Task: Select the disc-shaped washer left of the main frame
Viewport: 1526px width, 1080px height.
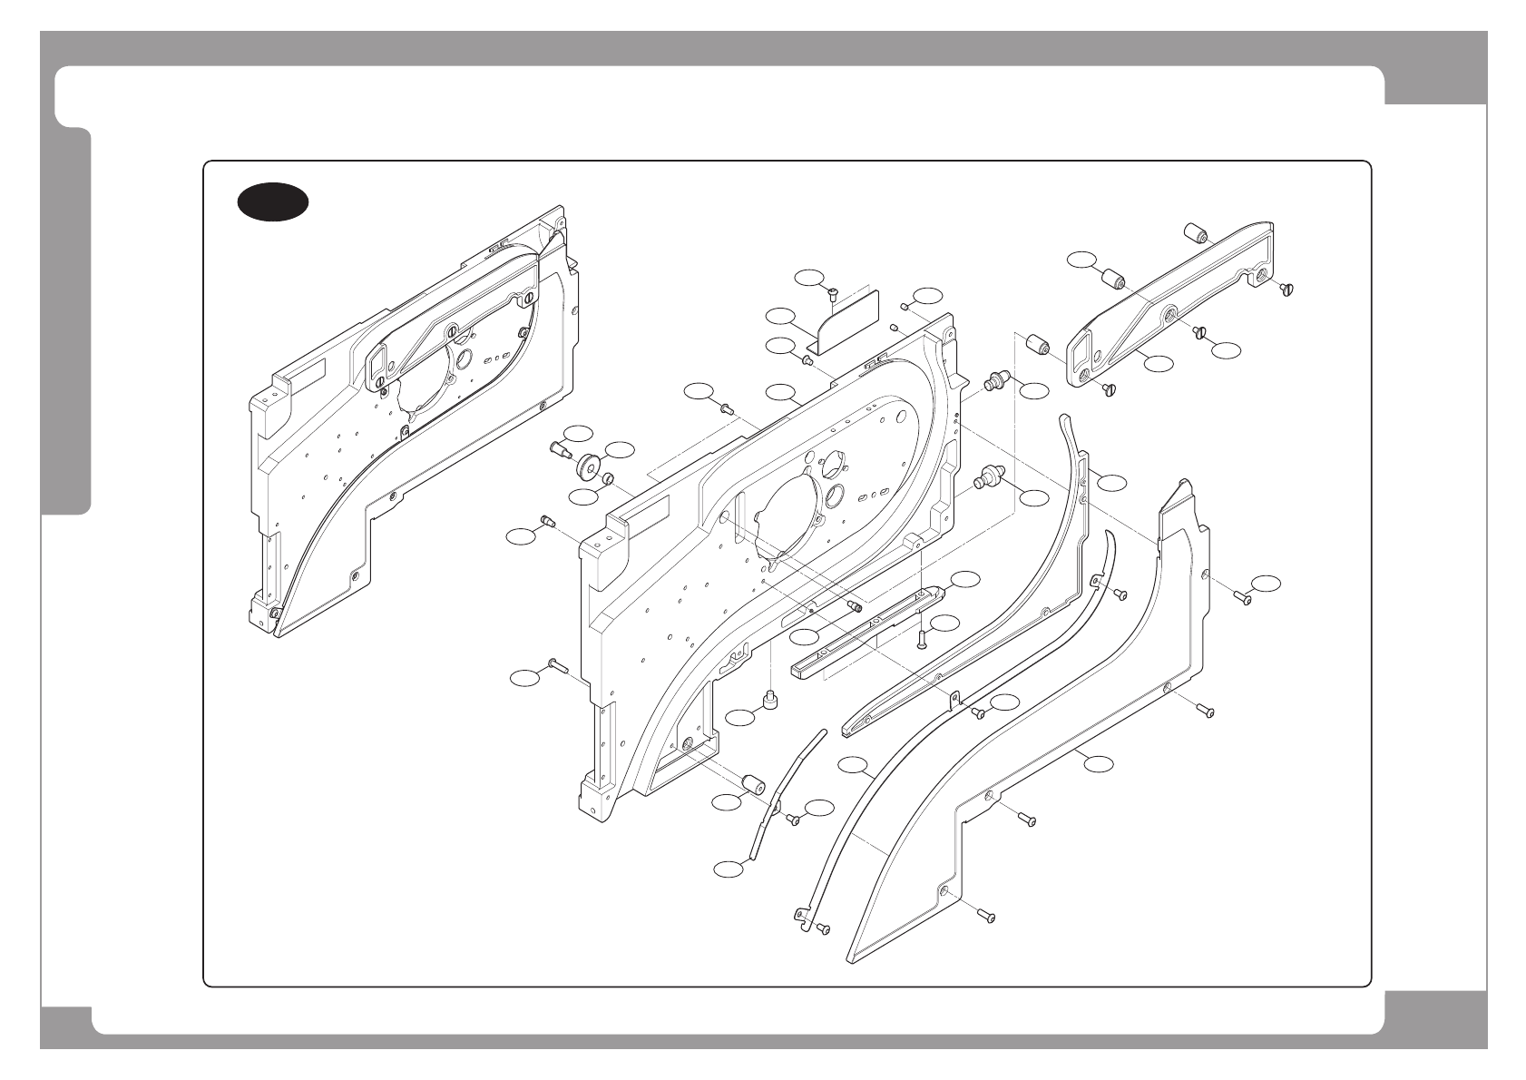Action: (590, 466)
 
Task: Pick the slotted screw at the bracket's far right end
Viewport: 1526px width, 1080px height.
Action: (1286, 288)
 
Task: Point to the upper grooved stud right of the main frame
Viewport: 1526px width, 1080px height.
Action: (997, 378)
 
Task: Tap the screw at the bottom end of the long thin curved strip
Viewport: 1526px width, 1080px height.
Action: (822, 929)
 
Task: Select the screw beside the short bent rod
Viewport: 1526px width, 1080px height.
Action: (793, 820)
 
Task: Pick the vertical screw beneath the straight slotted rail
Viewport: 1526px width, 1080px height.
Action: (922, 638)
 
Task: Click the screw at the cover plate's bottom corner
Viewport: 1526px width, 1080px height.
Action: (986, 917)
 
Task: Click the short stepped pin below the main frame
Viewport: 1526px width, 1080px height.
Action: (771, 701)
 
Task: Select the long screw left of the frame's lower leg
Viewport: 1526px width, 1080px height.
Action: (556, 667)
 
